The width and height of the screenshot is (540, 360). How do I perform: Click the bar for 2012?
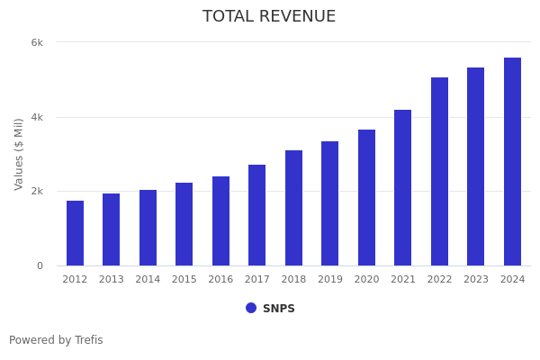pos(75,233)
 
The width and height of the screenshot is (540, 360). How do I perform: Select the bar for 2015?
pos(184,224)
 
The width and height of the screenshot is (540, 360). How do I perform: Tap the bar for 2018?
pos(293,208)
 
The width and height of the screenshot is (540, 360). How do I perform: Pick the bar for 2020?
pos(366,197)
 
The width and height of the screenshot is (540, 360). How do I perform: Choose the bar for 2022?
pos(439,171)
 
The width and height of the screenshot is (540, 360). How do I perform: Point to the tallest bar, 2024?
pos(512,161)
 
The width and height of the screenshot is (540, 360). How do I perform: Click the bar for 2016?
pos(220,220)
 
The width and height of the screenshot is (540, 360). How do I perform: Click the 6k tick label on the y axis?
pos(37,42)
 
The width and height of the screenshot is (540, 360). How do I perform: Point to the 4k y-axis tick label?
pos(37,117)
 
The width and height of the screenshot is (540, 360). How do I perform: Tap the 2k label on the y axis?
pos(37,191)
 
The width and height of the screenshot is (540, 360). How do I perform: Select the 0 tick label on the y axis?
pos(40,265)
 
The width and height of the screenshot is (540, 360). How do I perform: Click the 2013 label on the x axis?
pos(112,280)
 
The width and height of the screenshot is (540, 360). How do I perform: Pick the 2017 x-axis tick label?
pos(257,280)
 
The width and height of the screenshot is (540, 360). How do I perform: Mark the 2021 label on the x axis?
pos(403,280)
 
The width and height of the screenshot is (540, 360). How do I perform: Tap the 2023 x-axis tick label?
pos(476,280)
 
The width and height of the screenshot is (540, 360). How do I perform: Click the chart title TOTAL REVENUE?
pos(269,17)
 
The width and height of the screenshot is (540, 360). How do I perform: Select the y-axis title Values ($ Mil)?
pos(19,153)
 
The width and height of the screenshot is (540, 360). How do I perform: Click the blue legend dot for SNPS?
pos(251,308)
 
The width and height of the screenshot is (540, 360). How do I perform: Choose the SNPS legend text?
pos(279,309)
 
